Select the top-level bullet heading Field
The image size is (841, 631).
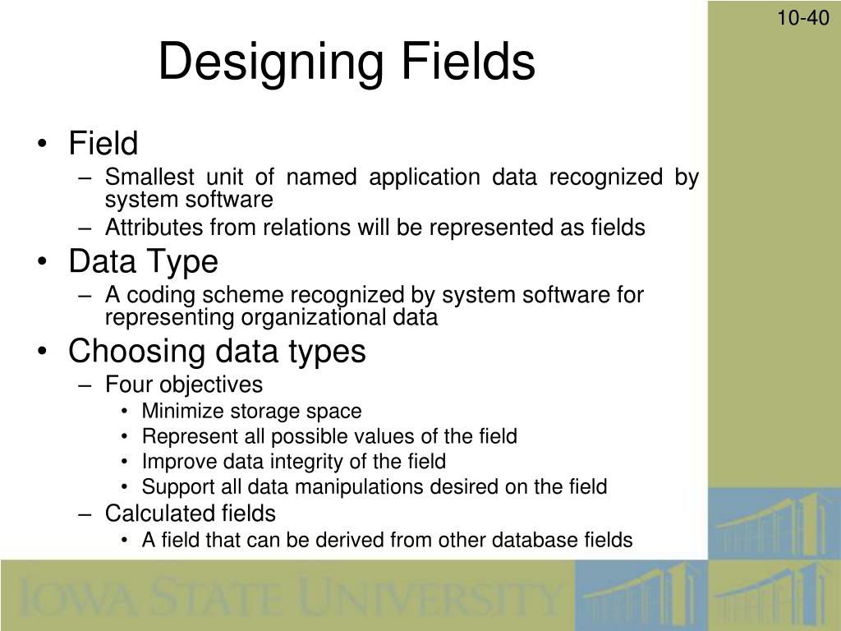103,144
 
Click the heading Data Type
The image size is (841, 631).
144,262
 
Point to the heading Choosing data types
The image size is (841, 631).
217,352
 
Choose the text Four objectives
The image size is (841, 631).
184,385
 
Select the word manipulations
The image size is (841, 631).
356,487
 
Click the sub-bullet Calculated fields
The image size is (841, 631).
191,514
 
